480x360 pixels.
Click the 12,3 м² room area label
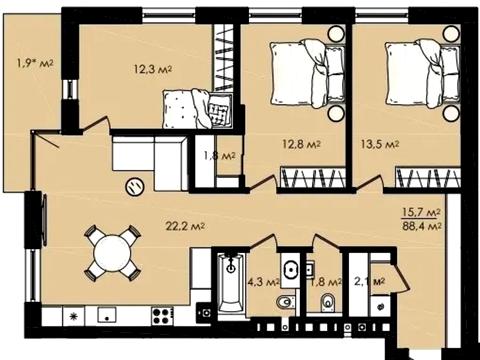(x=153, y=69)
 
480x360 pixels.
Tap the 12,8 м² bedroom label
(x=302, y=144)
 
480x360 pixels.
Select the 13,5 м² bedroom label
(x=380, y=144)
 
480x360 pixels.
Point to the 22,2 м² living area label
(x=185, y=227)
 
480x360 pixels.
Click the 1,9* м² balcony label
(x=35, y=63)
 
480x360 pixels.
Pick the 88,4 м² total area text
(x=422, y=226)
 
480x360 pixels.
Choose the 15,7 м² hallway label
(x=422, y=212)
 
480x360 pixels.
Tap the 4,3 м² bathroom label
(x=263, y=282)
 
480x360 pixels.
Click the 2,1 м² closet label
(x=369, y=282)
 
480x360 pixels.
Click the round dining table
(x=112, y=253)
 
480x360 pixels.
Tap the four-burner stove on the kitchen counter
(x=162, y=315)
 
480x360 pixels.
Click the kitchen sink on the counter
(x=107, y=315)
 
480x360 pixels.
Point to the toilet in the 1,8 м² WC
(x=328, y=302)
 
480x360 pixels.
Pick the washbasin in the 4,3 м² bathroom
(x=291, y=269)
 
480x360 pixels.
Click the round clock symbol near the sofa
(x=135, y=186)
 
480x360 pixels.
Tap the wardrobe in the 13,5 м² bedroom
(x=428, y=177)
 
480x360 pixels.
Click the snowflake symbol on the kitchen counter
(x=74, y=316)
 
